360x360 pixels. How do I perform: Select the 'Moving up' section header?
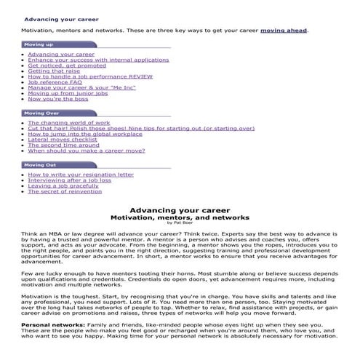(39, 45)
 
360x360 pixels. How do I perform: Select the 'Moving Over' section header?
(42, 113)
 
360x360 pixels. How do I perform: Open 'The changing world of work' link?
(69, 123)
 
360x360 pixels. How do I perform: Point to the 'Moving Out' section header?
(41, 165)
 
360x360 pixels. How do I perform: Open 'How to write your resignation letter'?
(81, 175)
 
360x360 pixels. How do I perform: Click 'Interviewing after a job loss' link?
(70, 180)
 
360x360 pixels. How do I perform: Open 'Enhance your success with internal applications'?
(98, 60)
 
